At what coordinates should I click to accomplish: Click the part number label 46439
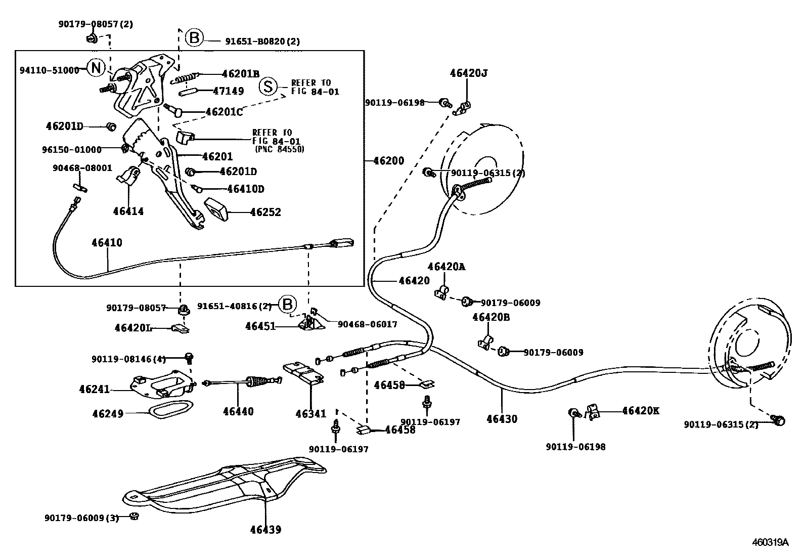265,530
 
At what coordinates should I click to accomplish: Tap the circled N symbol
96,68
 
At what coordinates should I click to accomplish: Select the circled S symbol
269,87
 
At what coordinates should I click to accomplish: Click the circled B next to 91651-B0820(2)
194,38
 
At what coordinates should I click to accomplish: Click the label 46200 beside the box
388,161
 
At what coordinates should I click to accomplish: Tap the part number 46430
502,419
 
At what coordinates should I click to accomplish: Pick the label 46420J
468,73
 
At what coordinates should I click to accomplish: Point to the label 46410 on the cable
107,242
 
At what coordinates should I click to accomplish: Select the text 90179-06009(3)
81,518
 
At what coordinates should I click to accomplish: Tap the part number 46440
238,411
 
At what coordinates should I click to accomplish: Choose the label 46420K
640,411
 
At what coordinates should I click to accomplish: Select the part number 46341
311,414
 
